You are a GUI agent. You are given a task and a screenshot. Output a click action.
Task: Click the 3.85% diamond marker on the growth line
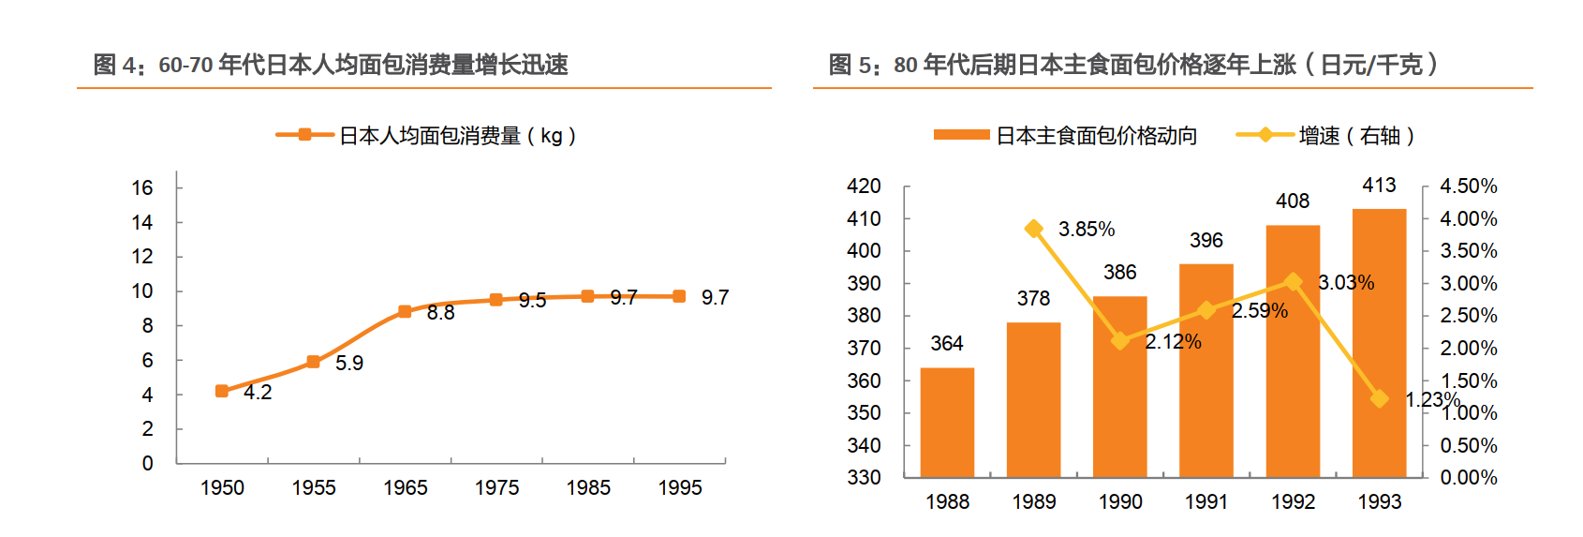pyautogui.click(x=1034, y=229)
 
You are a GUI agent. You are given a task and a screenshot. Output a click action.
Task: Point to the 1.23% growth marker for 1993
pyautogui.click(x=1379, y=398)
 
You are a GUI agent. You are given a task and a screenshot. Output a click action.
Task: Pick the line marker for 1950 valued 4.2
pyautogui.click(x=222, y=391)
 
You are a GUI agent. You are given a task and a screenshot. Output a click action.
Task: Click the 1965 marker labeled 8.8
pyautogui.click(x=405, y=311)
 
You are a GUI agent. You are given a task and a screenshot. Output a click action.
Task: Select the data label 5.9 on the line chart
pyautogui.click(x=349, y=364)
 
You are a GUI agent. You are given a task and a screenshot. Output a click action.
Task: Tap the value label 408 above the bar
pyautogui.click(x=1293, y=201)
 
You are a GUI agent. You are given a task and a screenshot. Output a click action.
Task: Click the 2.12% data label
pyautogui.click(x=1173, y=342)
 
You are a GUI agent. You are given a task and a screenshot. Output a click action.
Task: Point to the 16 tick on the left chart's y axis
pyautogui.click(x=142, y=188)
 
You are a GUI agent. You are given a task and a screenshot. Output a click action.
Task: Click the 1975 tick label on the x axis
pyautogui.click(x=496, y=488)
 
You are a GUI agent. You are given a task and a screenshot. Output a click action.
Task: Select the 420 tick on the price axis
pyautogui.click(x=864, y=186)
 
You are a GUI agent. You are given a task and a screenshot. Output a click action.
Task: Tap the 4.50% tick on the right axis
pyautogui.click(x=1468, y=186)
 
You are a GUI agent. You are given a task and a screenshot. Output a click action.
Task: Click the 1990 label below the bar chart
pyautogui.click(x=1120, y=502)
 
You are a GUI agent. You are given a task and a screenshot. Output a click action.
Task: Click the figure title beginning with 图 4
pyautogui.click(x=331, y=65)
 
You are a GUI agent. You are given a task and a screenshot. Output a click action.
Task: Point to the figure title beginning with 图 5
pyautogui.click(x=1132, y=65)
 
